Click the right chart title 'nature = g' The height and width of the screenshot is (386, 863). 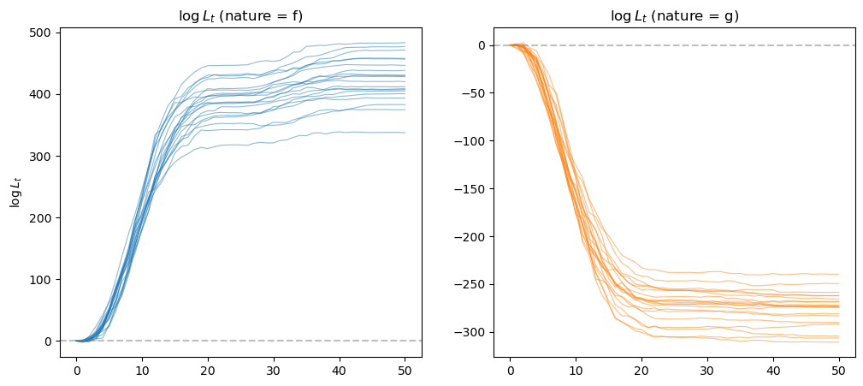[x=674, y=15]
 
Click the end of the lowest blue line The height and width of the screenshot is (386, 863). [x=405, y=133]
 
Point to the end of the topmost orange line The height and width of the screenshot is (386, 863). [x=838, y=275]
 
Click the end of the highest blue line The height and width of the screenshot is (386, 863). [x=405, y=43]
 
